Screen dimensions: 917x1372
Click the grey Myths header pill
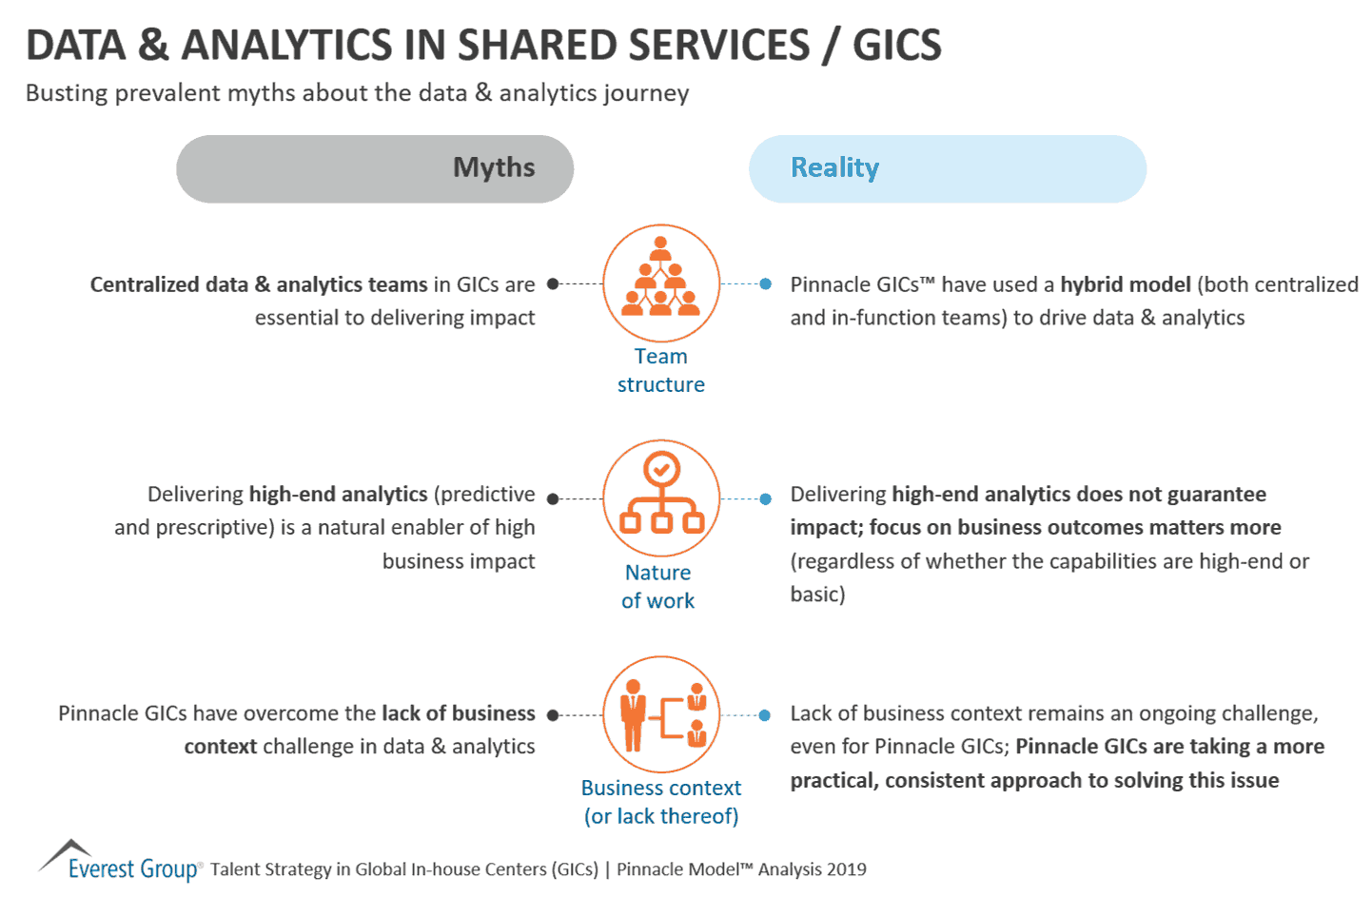(375, 168)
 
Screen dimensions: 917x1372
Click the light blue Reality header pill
(948, 168)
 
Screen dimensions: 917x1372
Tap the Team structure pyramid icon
(661, 283)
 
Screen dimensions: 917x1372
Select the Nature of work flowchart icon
(661, 498)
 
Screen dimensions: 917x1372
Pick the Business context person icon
(661, 713)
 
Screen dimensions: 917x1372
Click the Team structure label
(661, 370)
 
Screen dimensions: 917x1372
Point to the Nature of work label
(658, 586)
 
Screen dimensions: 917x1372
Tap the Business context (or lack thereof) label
(661, 802)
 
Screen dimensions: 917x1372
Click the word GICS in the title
(896, 45)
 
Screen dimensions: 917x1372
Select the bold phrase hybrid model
(1126, 284)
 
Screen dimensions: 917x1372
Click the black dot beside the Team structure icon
(553, 283)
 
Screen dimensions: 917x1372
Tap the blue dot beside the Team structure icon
(766, 283)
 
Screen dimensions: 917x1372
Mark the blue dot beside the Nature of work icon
(766, 498)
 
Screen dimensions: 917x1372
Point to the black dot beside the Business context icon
(553, 714)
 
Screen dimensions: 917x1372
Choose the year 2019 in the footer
(846, 868)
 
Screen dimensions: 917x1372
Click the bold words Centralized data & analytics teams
(259, 284)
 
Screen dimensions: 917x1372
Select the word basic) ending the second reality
(817, 595)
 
